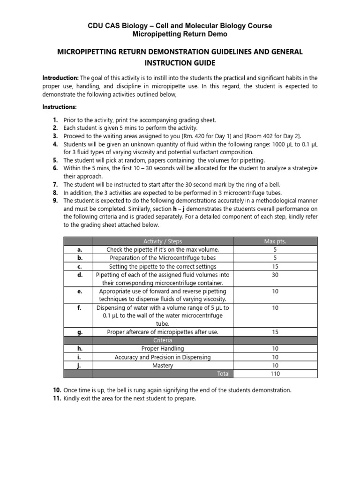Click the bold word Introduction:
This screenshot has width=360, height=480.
60,78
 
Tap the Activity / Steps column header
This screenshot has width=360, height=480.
162,241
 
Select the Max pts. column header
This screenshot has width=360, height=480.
275,241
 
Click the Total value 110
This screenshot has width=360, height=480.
275,374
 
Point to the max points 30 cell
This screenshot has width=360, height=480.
275,275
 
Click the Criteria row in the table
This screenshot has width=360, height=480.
162,340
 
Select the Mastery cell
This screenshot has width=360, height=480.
162,365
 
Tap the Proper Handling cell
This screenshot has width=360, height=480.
162,348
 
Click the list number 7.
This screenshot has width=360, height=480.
55,184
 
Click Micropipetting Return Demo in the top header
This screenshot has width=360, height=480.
180,35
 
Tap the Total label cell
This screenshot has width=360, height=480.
224,374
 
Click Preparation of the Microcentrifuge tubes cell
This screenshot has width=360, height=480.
162,258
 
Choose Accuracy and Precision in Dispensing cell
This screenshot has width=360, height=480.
162,357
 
